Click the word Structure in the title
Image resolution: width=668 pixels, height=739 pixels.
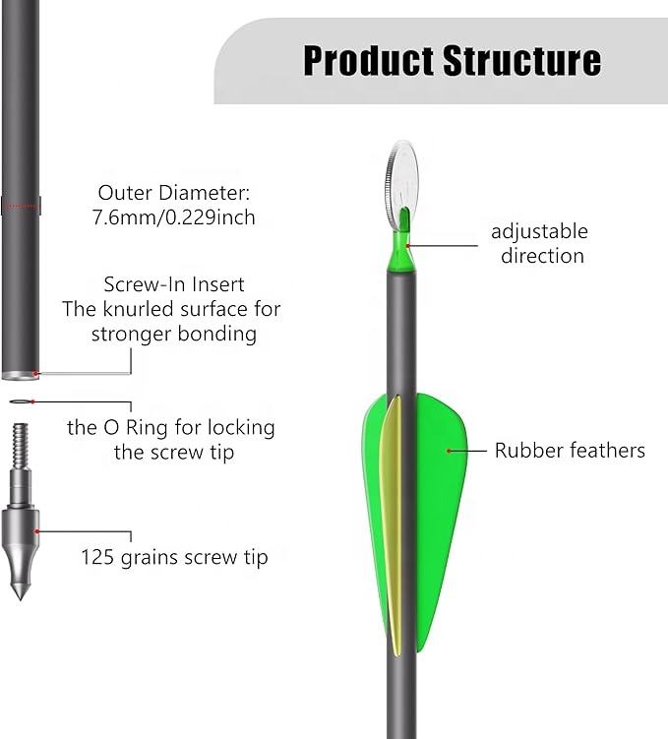point(521,60)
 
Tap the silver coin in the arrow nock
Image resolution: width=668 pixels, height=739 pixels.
point(401,175)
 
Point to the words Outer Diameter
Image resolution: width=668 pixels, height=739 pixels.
point(173,193)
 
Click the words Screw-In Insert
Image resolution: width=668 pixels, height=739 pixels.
point(173,285)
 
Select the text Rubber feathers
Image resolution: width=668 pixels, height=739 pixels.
point(570,451)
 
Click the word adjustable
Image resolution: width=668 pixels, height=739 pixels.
point(539,232)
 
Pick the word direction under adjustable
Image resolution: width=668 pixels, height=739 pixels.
point(541,256)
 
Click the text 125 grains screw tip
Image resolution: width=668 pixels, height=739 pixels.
point(174,557)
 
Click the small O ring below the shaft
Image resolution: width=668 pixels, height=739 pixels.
point(21,402)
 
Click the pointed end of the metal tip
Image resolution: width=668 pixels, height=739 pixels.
point(19,591)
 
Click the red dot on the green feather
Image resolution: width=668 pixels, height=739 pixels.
point(450,451)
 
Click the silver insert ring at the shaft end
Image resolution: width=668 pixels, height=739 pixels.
point(20,375)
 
